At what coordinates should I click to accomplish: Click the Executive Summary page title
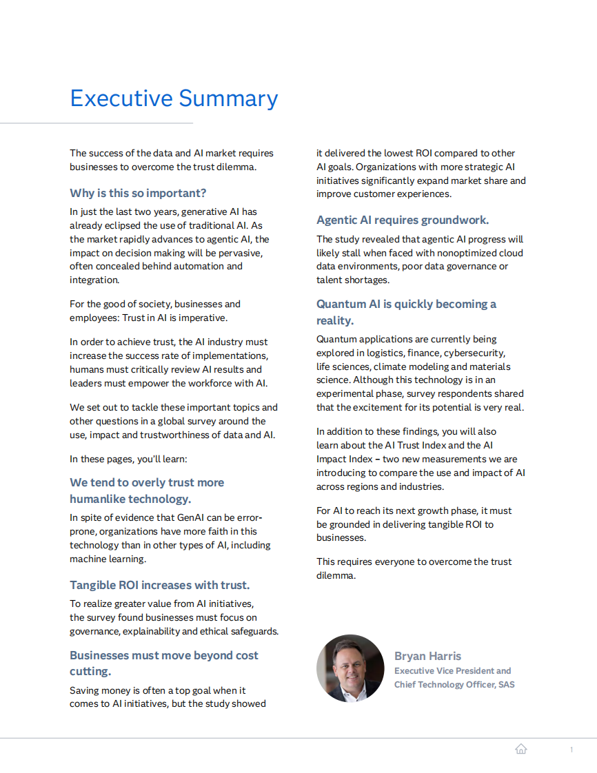[x=174, y=99]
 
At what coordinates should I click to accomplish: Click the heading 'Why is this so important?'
[x=138, y=193]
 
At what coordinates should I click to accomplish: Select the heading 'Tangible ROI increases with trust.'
[x=159, y=585]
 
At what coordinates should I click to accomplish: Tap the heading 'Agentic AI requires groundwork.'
[x=403, y=220]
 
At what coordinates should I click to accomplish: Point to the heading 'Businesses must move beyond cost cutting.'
[x=163, y=663]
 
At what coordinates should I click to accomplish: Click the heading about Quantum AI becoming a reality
[x=406, y=312]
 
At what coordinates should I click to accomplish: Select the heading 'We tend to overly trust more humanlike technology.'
[x=146, y=491]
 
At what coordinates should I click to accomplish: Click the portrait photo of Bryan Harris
[x=350, y=668]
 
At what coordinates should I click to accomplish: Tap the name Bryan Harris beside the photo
[x=427, y=656]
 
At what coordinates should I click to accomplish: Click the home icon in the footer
[x=521, y=749]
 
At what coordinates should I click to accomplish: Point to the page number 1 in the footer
[x=571, y=750]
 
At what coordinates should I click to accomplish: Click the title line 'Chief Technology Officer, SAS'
[x=454, y=684]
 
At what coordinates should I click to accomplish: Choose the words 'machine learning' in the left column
[x=108, y=559]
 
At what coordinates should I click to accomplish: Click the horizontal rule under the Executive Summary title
[x=97, y=123]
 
